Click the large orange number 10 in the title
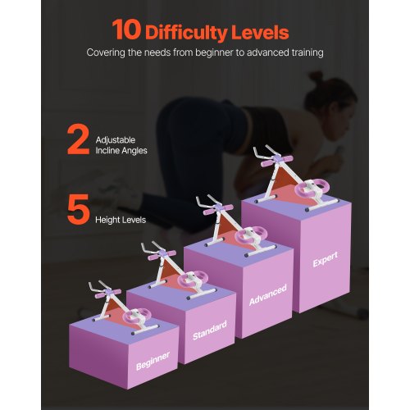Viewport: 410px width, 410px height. (126, 30)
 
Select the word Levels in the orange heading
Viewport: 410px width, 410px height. (260, 32)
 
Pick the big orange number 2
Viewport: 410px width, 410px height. (78, 140)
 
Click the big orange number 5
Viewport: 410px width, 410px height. (79, 209)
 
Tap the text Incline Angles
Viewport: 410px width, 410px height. (121, 151)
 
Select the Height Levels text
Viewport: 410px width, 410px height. (121, 220)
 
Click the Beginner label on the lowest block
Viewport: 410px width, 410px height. (153, 361)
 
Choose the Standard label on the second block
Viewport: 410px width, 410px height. (210, 330)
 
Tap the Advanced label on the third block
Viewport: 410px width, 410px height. (268, 294)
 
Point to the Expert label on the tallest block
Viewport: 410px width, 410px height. (326, 259)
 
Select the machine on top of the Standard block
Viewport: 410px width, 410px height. (179, 270)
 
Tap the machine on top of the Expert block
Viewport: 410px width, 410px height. (295, 178)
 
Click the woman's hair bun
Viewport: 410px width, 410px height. (317, 77)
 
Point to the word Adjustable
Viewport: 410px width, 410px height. (116, 140)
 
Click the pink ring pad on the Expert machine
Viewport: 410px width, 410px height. (313, 187)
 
